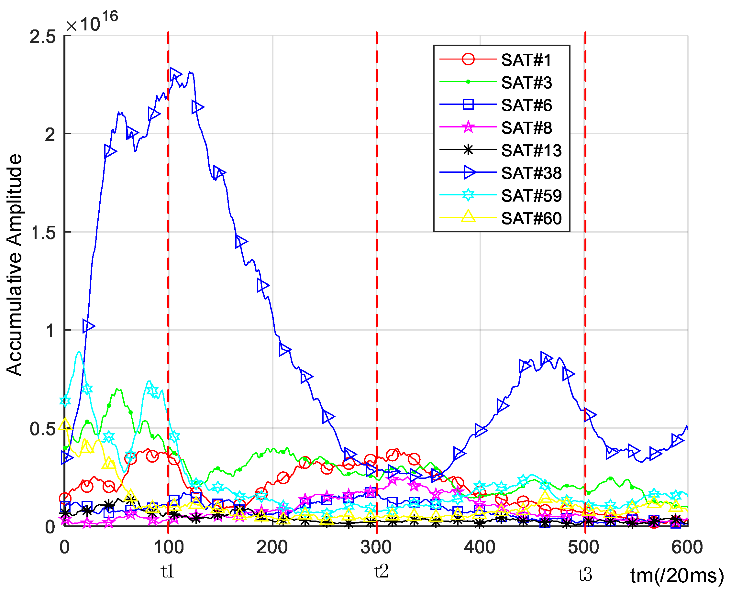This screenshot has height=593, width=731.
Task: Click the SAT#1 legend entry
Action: click(526, 60)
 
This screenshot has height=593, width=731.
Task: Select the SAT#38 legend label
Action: click(531, 173)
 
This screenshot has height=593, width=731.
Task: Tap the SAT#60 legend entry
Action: click(531, 218)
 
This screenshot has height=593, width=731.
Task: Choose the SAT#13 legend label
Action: click(531, 151)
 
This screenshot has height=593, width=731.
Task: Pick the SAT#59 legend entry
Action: click(531, 196)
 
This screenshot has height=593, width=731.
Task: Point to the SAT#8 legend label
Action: click(526, 128)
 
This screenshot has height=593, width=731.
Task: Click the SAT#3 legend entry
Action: click(526, 83)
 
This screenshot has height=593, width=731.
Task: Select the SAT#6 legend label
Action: click(526, 105)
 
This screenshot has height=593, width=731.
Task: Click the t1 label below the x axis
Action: click(168, 571)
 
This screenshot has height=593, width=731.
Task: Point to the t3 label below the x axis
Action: click(585, 574)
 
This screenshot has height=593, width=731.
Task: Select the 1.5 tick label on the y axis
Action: click(43, 233)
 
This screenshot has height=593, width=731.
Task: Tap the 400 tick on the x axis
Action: click(480, 547)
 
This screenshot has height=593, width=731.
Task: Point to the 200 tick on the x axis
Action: click(272, 547)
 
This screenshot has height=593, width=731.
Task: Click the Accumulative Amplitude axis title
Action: click(14, 265)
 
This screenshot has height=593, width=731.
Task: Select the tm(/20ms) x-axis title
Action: click(677, 576)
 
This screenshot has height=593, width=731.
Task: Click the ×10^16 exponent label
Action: click(92, 22)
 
